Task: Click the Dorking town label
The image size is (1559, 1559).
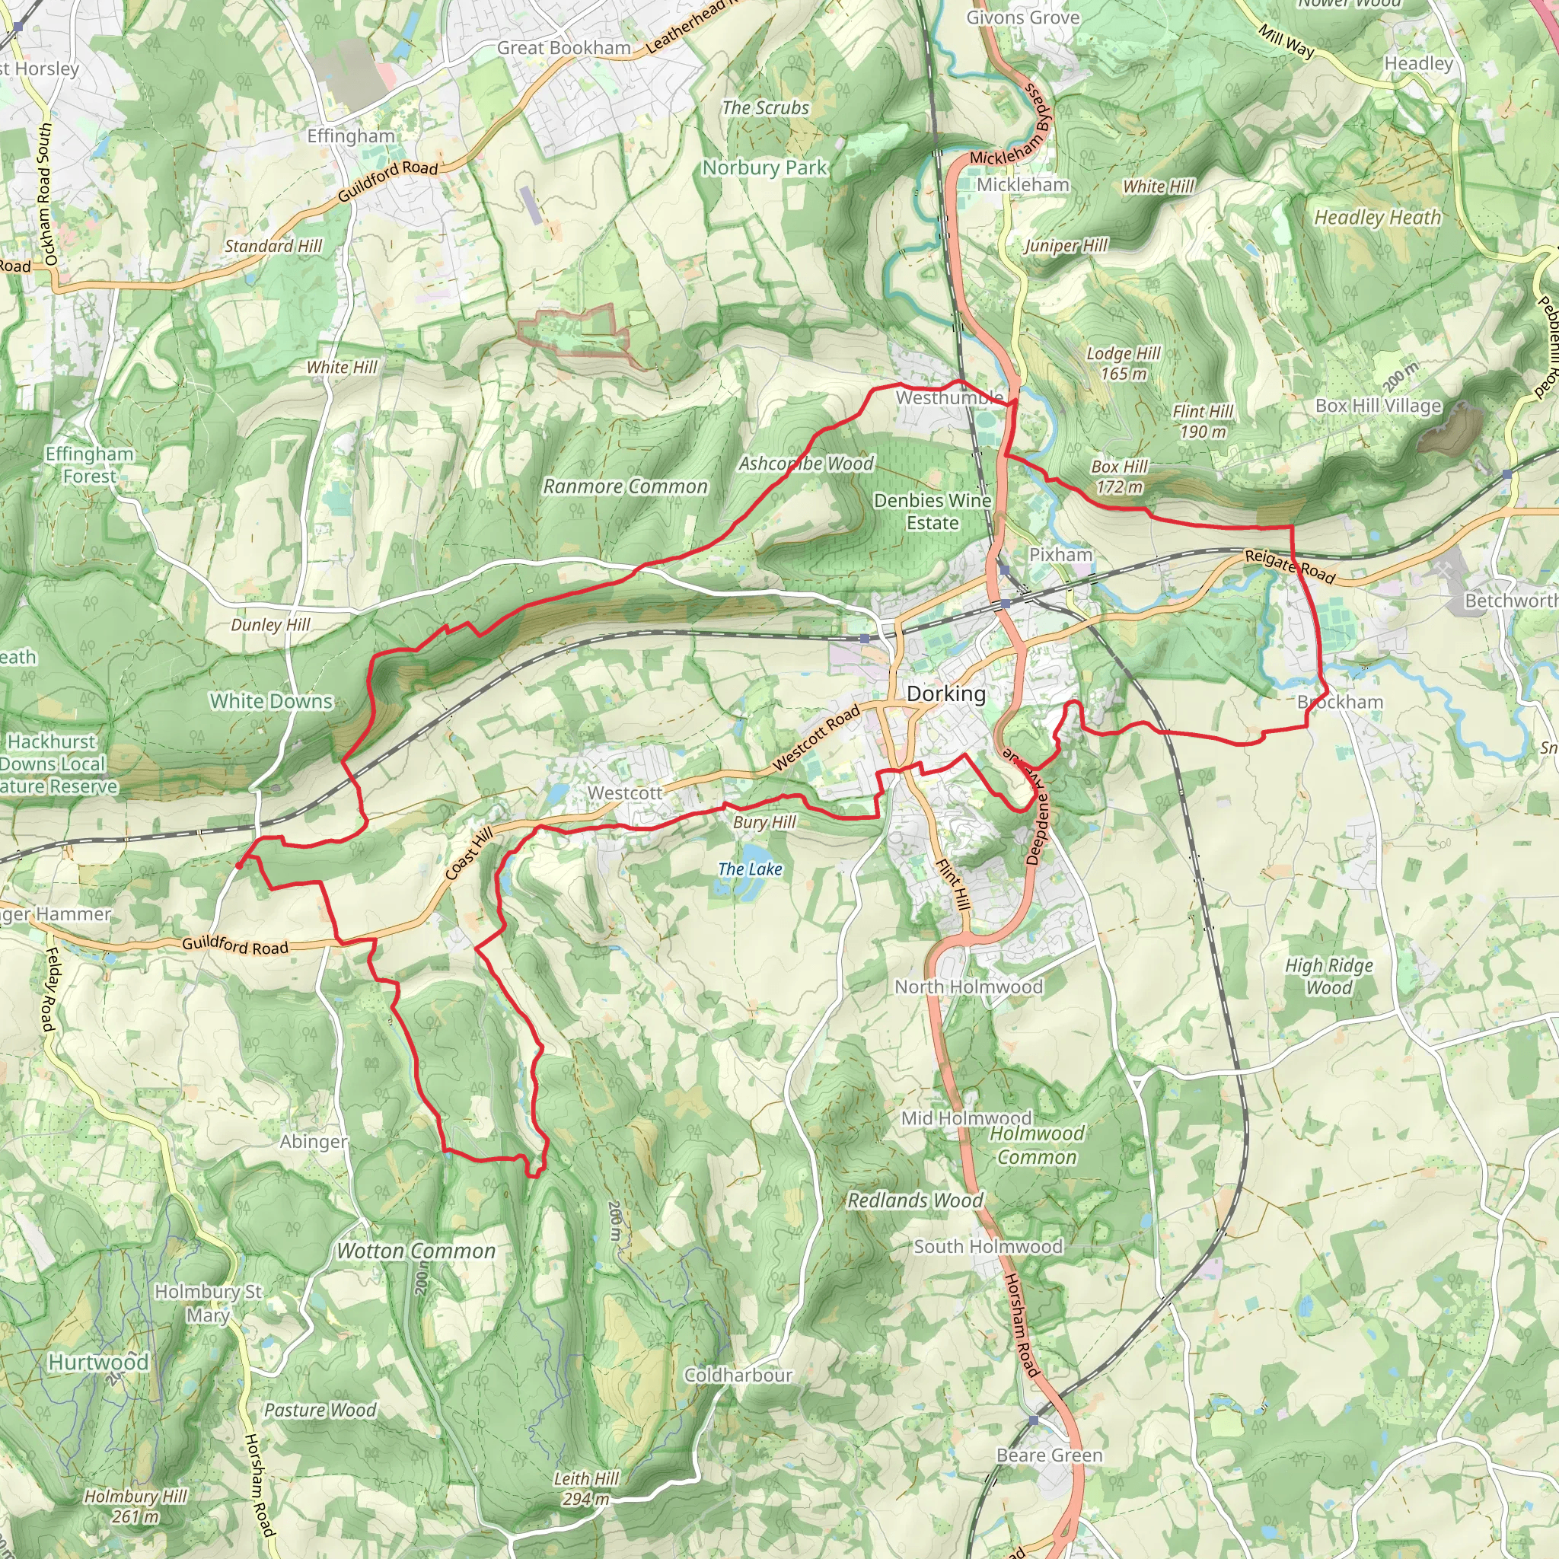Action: coord(945,694)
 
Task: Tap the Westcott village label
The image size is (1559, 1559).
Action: coord(624,793)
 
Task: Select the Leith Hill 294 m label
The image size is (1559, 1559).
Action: coord(586,1489)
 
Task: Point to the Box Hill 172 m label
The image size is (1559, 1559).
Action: coord(1119,476)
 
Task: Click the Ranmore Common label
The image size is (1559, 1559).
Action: coord(626,486)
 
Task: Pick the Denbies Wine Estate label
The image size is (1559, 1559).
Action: coord(933,512)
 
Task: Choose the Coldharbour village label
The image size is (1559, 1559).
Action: coord(738,1375)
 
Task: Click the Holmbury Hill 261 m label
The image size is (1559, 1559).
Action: coord(135,1506)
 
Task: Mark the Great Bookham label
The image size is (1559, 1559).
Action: coord(564,49)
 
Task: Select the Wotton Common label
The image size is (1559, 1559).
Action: coord(416,1251)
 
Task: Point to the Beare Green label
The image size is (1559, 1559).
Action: coord(1049,1455)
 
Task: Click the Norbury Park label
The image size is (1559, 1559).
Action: coord(765,167)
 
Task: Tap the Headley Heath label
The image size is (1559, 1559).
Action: coord(1377,217)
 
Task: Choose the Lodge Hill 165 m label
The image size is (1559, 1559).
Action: coord(1124,363)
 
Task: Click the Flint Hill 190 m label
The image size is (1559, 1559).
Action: coord(1202,421)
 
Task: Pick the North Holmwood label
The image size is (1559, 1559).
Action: coord(968,987)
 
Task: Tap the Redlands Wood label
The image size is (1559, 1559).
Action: coord(915,1200)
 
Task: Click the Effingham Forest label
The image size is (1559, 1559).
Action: coord(89,465)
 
